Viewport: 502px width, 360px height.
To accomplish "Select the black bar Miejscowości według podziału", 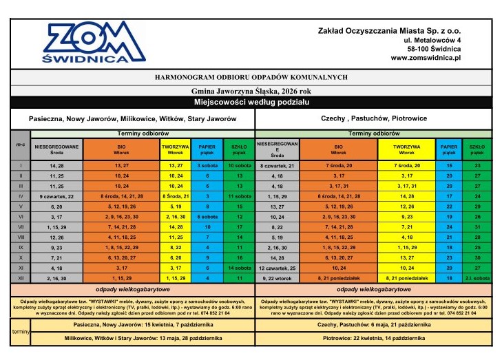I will point(251,102).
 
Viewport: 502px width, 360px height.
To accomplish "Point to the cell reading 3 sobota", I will point(207,166).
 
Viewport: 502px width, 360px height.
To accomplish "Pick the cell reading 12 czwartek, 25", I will point(278,267).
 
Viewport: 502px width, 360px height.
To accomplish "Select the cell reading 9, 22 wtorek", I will point(278,277).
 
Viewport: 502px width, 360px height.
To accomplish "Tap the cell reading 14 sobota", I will point(238,267).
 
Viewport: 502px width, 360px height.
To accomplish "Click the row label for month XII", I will point(21,277).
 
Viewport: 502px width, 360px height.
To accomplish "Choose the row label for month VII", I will point(21,226).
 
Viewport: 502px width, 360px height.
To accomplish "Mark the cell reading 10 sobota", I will point(238,166).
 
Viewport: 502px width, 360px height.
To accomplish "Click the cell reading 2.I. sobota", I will point(477,277).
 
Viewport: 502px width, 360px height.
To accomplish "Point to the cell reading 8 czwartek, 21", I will point(278,166).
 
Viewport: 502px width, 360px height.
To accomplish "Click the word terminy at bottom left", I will point(18,332).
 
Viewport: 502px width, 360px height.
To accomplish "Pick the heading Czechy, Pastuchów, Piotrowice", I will point(373,118).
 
